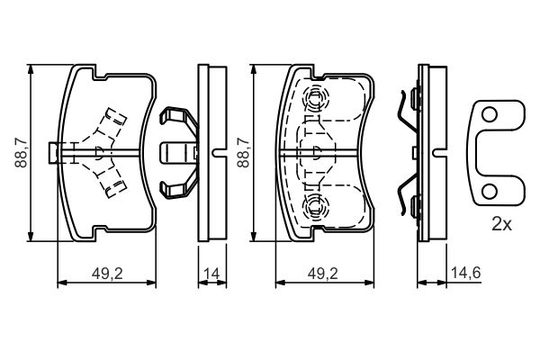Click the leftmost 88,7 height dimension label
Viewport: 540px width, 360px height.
[x=21, y=153]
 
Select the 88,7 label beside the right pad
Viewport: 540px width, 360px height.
[x=243, y=153]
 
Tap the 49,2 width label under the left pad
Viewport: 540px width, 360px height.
[x=107, y=274]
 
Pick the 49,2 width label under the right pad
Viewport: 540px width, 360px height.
[x=323, y=274]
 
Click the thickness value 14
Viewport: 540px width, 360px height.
[x=211, y=274]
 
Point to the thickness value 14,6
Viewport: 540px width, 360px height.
[x=466, y=273]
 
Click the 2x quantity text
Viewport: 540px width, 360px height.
[x=501, y=224]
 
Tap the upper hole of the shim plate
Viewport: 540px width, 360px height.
[x=489, y=115]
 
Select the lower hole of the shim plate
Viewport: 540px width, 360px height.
[x=489, y=192]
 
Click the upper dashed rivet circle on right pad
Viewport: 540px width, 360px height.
[x=315, y=98]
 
